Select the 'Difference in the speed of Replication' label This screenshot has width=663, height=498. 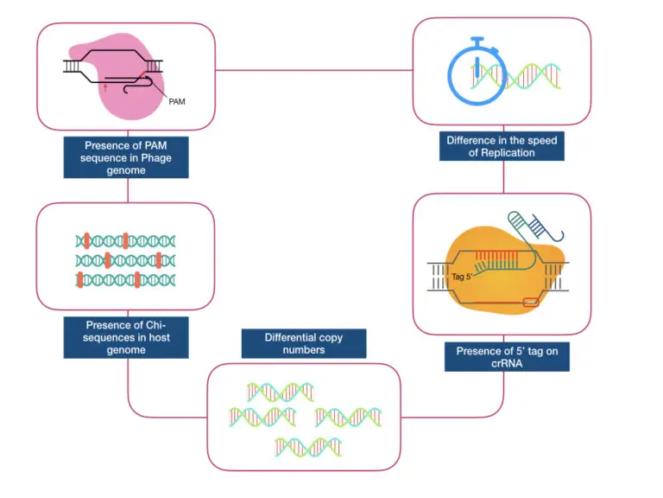click(x=502, y=145)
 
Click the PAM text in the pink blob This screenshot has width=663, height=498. click(x=176, y=101)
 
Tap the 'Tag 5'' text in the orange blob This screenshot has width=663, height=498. click(x=462, y=278)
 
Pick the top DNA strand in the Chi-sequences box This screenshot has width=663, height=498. click(x=127, y=240)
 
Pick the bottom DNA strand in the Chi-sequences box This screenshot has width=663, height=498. click(x=127, y=278)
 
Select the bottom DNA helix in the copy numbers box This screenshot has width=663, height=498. click(x=307, y=446)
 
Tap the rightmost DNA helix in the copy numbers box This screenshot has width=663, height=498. click(x=347, y=418)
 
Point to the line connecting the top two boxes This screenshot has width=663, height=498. click(x=314, y=70)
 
